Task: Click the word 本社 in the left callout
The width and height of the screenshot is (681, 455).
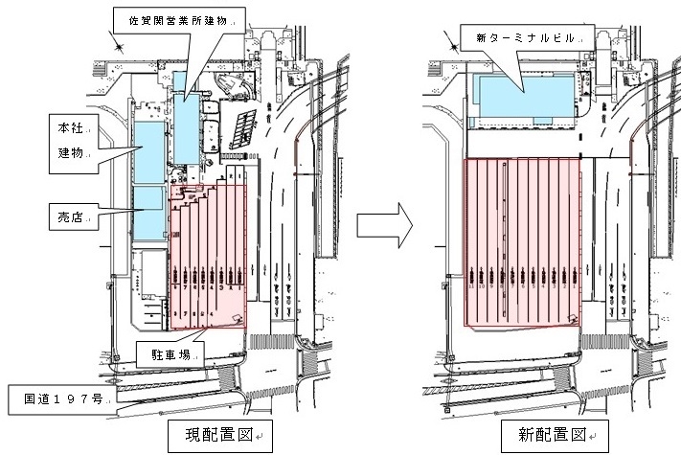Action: (67, 125)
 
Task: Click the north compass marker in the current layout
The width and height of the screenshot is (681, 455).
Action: (117, 40)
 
